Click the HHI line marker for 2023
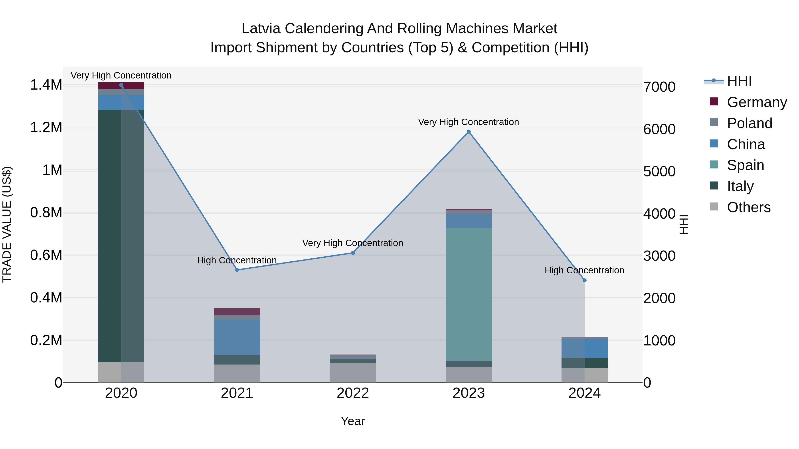(469, 132)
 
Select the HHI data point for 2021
(237, 270)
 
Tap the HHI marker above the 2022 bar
(353, 253)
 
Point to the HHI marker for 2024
(584, 280)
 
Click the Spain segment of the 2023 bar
(469, 294)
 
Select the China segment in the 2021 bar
(237, 337)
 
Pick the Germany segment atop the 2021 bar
(237, 312)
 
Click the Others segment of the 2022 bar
(353, 373)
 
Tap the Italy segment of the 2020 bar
(121, 235)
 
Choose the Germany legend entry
(757, 102)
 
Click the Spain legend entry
(745, 165)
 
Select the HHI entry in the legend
(739, 81)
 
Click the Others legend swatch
(713, 207)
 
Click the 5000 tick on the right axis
(659, 171)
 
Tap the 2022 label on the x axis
(353, 393)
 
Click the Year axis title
(353, 421)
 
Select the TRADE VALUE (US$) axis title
(7, 224)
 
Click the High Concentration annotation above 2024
(584, 270)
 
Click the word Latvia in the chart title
(261, 29)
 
